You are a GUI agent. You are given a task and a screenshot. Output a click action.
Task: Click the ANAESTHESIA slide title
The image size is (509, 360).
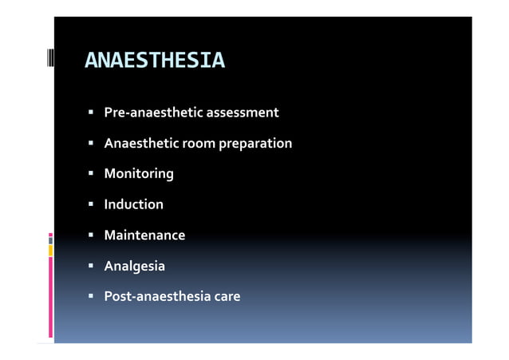(155, 61)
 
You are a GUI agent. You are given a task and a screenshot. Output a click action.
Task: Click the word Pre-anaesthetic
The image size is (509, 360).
(153, 113)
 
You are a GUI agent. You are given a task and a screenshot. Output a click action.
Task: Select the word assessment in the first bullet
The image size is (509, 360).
(243, 113)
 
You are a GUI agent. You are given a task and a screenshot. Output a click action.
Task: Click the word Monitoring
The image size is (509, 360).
(139, 173)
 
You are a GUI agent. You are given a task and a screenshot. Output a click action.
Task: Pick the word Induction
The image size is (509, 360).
(134, 204)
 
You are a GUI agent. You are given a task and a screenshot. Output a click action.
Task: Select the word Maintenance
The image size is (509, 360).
(144, 235)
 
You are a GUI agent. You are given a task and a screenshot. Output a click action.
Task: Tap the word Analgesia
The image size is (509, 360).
(135, 266)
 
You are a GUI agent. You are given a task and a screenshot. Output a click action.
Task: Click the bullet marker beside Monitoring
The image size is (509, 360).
(92, 173)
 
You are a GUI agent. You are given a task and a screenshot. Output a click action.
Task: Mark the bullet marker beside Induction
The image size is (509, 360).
(92, 204)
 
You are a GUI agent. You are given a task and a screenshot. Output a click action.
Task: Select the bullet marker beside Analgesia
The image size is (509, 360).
(92, 266)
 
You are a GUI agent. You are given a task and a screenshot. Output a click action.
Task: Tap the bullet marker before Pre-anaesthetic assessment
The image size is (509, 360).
(92, 113)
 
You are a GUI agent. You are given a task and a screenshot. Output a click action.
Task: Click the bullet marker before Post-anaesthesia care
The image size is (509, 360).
(92, 297)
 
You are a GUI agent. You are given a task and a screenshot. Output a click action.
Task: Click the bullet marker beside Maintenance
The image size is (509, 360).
(92, 235)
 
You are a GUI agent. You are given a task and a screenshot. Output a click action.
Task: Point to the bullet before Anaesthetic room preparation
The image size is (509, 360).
(92, 144)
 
